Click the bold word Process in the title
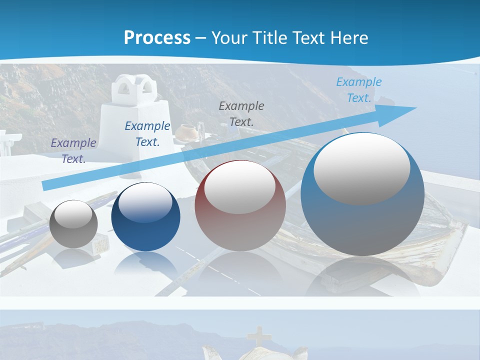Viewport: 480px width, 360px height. pyautogui.click(x=157, y=37)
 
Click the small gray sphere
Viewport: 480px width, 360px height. pyautogui.click(x=74, y=223)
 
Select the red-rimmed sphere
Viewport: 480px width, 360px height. pyautogui.click(x=240, y=205)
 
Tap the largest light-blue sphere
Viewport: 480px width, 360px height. pyautogui.click(x=362, y=195)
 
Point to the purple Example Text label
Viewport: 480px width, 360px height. pyautogui.click(x=73, y=150)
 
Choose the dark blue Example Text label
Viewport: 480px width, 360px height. pyautogui.click(x=147, y=133)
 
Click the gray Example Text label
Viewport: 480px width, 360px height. pyautogui.click(x=241, y=113)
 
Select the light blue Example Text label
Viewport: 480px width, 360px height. pyautogui.click(x=359, y=90)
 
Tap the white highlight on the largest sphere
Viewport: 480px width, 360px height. pyautogui.click(x=361, y=168)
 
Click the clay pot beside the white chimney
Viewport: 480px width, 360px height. pyautogui.click(x=187, y=131)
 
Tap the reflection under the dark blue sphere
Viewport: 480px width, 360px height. pyautogui.click(x=145, y=265)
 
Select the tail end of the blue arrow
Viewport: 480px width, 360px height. pyautogui.click(x=46, y=185)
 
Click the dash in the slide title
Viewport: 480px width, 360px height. pyautogui.click(x=201, y=37)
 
